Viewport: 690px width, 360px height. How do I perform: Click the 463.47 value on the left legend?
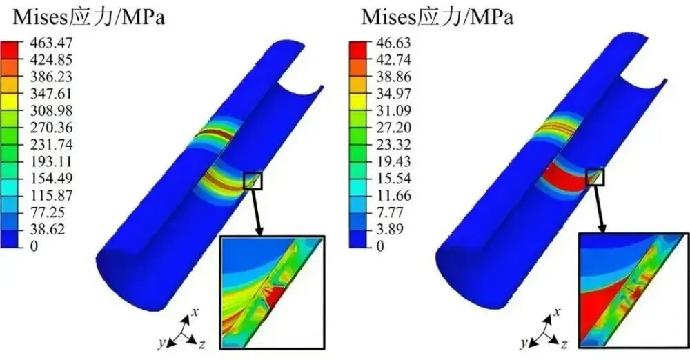(51, 43)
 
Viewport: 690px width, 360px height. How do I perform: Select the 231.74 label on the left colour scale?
(51, 145)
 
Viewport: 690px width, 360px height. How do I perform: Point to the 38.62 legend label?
(48, 229)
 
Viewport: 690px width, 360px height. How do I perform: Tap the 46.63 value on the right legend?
(393, 43)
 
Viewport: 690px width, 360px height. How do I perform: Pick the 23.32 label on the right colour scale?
(393, 145)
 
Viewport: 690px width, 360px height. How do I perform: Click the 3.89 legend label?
(390, 229)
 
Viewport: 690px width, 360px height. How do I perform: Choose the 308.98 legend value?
(51, 110)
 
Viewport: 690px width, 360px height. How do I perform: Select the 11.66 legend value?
(393, 195)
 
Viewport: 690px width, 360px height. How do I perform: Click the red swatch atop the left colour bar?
(10, 47)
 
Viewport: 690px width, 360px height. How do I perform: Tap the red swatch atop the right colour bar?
(357, 47)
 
